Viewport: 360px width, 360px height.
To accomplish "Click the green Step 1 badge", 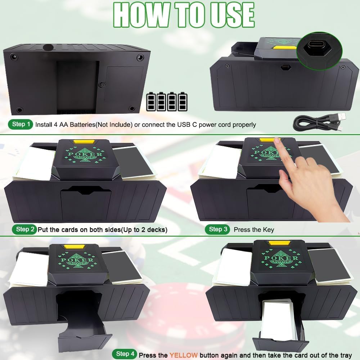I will pyautogui.click(x=21, y=125).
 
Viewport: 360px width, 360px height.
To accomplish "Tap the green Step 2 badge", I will pyautogui.click(x=24, y=229).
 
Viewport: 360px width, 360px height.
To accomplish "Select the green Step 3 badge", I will pyautogui.click(x=217, y=229).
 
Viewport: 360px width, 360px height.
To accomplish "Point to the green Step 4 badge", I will pyautogui.click(x=125, y=354).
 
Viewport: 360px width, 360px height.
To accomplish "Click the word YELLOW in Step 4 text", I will pyautogui.click(x=184, y=355).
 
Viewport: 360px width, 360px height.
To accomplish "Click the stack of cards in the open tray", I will pyautogui.click(x=279, y=320).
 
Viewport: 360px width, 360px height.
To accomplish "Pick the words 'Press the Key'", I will pyautogui.click(x=254, y=230).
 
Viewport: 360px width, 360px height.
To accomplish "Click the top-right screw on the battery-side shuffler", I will pyautogui.click(x=140, y=58).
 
